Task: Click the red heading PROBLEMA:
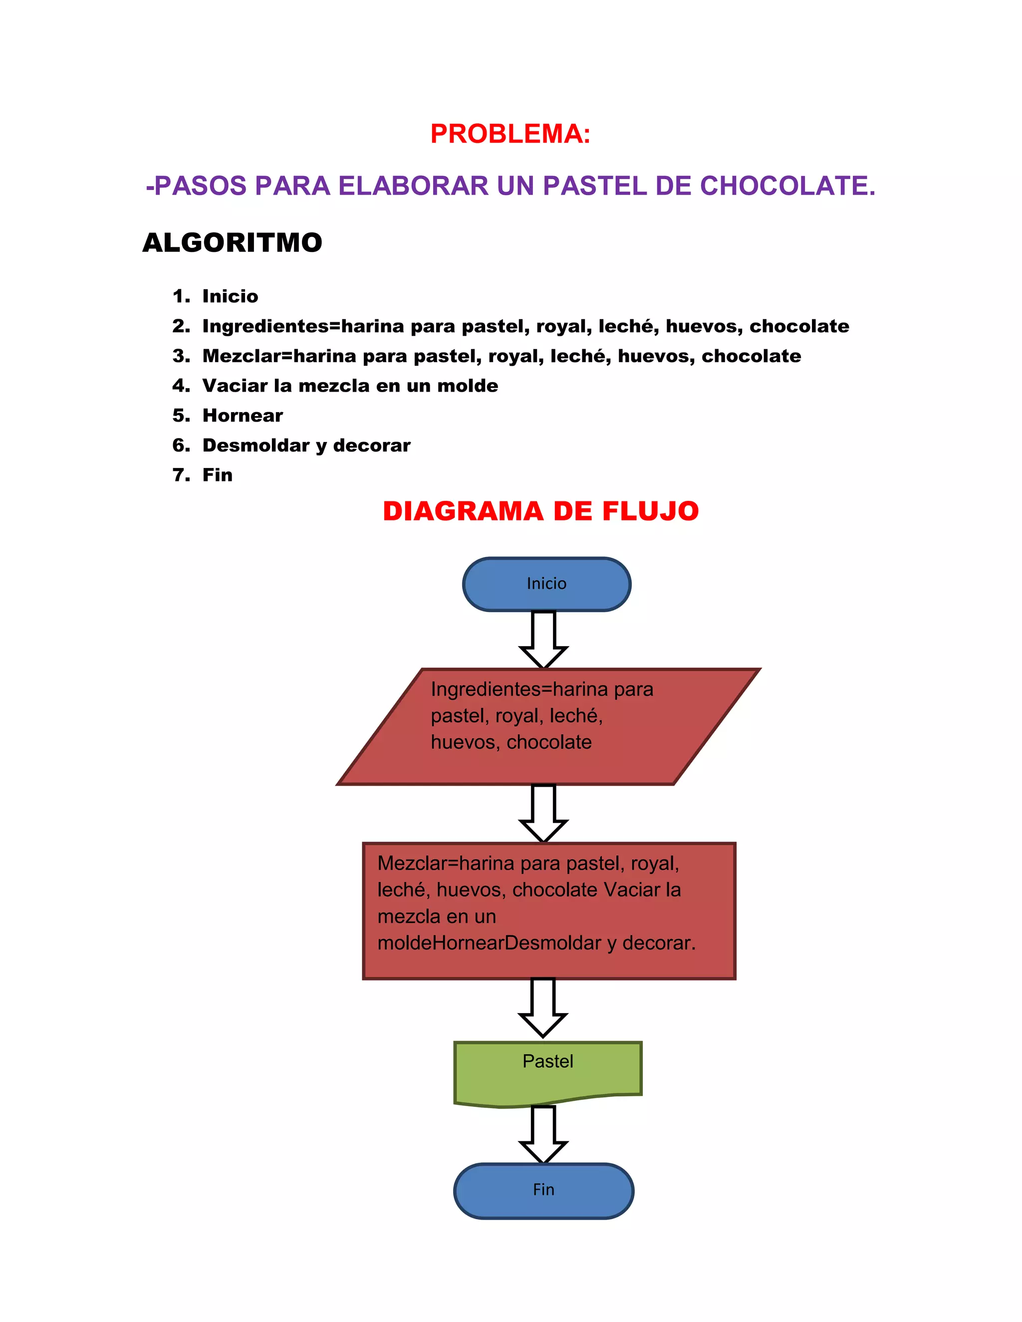point(510,134)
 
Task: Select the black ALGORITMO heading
point(233,243)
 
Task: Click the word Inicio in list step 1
point(230,296)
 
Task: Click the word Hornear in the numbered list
point(242,415)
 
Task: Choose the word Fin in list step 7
point(218,474)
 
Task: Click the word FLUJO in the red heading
point(650,511)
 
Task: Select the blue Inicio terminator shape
point(546,584)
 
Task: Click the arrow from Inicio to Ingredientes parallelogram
point(543,639)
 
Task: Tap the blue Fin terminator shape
point(543,1189)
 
